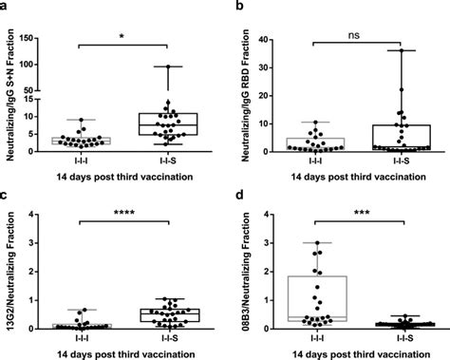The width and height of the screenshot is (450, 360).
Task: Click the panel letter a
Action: pyautogui.click(x=5, y=7)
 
